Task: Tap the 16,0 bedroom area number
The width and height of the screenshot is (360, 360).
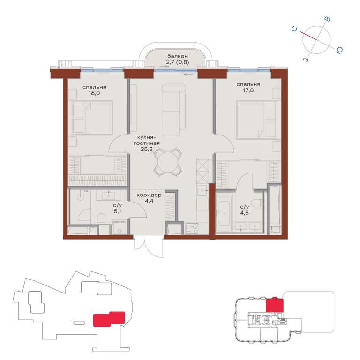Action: (x=94, y=93)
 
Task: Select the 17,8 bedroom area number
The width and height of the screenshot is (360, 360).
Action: (x=248, y=90)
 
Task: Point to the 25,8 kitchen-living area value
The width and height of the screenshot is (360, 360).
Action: (x=146, y=149)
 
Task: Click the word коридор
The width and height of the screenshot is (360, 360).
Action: (x=149, y=195)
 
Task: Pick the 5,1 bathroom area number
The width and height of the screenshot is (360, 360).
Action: (x=117, y=211)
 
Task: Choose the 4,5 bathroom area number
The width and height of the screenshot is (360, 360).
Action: (x=245, y=213)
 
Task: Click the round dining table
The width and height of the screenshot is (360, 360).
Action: (x=167, y=161)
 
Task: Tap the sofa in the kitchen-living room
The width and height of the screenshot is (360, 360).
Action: (x=174, y=111)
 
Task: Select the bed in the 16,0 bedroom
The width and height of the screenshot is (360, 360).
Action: (x=92, y=118)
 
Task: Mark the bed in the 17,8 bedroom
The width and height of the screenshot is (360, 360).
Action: (x=257, y=120)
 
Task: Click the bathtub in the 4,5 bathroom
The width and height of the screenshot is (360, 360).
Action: (x=224, y=214)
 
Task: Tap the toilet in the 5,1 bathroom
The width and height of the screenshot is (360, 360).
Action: (x=101, y=219)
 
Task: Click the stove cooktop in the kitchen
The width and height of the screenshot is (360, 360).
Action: (x=192, y=229)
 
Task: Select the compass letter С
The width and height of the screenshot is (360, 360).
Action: (x=294, y=29)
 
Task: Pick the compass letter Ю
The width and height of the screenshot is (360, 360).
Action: (x=339, y=51)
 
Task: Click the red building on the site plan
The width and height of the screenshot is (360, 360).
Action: (x=109, y=319)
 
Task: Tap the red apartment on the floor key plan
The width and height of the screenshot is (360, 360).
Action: (x=275, y=305)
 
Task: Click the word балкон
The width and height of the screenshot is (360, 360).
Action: (x=178, y=56)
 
